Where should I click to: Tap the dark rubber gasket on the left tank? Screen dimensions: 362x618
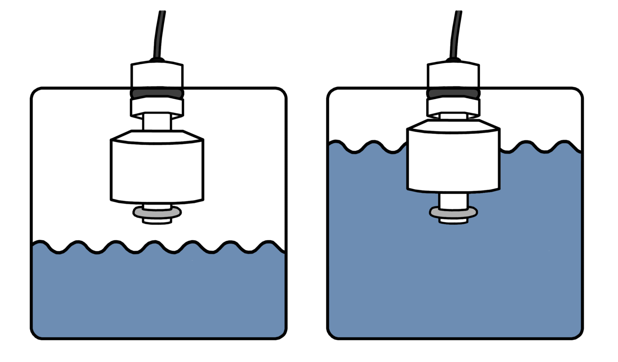pos(157,93)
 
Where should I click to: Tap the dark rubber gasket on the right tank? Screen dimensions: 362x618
pos(453,93)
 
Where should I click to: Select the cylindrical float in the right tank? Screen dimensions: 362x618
pos(453,161)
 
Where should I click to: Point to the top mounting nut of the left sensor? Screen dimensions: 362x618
pos(157,75)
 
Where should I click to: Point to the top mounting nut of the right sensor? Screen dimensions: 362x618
pos(453,75)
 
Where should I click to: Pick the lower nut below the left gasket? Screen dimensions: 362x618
pos(157,107)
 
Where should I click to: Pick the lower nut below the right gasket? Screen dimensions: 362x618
pos(453,107)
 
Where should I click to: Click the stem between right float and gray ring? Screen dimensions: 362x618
pos(453,200)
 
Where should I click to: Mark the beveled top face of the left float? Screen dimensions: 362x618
pos(157,136)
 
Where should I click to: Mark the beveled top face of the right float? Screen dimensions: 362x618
pos(453,125)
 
